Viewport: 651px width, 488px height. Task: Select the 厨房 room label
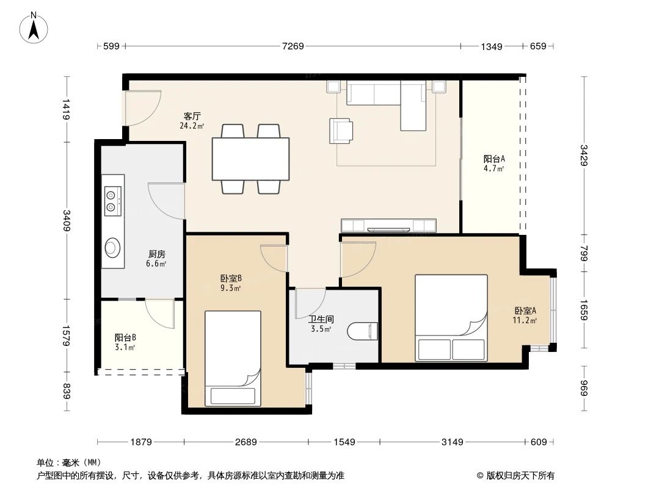click(156, 254)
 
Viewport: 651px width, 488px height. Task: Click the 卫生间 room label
click(321, 318)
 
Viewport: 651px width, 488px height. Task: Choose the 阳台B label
click(125, 337)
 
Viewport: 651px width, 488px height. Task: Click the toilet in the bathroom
click(362, 331)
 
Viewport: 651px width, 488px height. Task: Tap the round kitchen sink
click(113, 247)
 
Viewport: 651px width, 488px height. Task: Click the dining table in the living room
click(250, 159)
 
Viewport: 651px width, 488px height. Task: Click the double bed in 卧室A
click(451, 318)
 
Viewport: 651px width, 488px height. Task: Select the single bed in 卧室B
click(233, 358)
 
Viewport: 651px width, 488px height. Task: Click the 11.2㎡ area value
click(525, 320)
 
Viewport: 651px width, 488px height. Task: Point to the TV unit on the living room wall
click(388, 225)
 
